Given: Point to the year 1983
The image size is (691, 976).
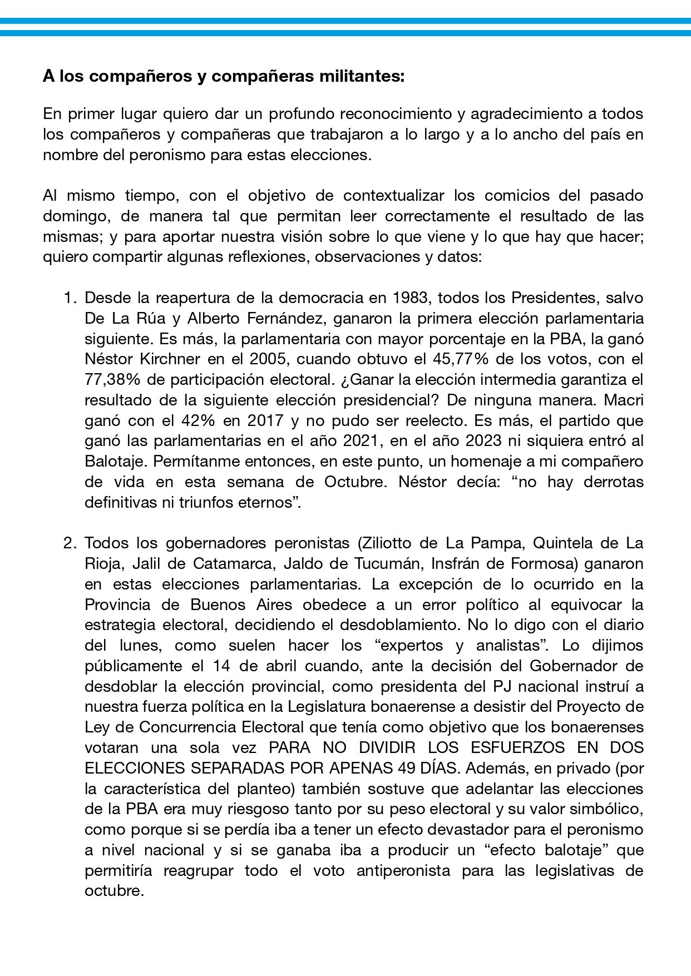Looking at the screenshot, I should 411,298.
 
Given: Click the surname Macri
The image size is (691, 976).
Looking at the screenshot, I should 623,400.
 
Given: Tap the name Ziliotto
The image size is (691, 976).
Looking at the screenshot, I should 393,543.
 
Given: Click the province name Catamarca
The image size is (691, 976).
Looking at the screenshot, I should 234,563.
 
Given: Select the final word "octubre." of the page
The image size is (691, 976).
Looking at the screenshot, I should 114,891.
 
